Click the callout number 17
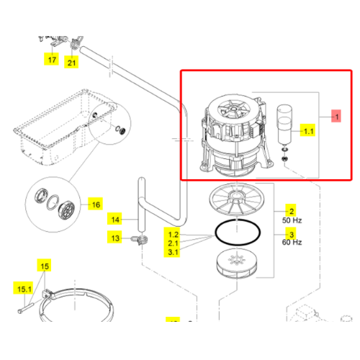tap(52, 60)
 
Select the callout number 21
tap(71, 63)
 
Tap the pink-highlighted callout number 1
tap(337, 117)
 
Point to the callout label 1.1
tap(308, 131)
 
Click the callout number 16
tap(96, 204)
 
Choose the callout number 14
tap(115, 220)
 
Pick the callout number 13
tap(115, 238)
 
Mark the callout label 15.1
tap(24, 289)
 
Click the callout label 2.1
tap(173, 243)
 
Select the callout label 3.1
tap(173, 252)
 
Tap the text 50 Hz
tap(292, 220)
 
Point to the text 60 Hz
tap(292, 242)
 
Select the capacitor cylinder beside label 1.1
tap(284, 124)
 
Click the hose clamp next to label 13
tap(140, 240)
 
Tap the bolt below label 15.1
tap(27, 308)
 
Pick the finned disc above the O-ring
tap(237, 199)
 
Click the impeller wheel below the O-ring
tap(237, 264)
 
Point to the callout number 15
tap(45, 266)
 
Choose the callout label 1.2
tap(174, 235)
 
